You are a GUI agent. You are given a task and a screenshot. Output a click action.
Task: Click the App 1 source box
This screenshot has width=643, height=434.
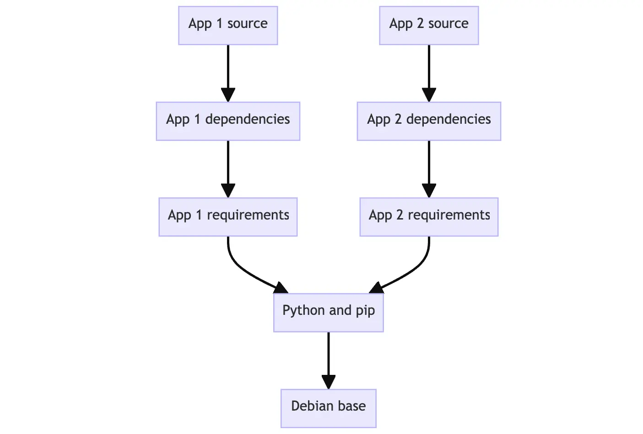tap(228, 26)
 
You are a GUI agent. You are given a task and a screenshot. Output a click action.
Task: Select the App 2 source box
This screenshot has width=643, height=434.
tap(429, 26)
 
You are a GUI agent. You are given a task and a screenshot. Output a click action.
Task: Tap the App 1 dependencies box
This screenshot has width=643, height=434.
tap(228, 121)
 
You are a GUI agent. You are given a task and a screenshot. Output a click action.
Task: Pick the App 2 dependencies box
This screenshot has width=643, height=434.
tap(429, 121)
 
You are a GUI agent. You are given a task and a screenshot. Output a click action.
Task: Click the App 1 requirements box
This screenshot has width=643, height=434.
tap(228, 217)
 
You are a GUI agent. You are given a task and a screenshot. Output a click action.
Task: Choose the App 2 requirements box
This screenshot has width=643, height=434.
tap(429, 217)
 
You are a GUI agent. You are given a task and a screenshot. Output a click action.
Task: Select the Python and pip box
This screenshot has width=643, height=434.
tap(329, 313)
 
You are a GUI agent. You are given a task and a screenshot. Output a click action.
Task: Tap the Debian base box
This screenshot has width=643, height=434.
tap(329, 408)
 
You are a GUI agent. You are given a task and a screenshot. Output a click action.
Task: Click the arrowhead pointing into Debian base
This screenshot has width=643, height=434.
tap(329, 382)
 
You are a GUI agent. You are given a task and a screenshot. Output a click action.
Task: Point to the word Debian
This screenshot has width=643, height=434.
tap(312, 406)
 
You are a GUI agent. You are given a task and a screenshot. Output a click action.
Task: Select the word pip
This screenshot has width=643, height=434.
tap(365, 311)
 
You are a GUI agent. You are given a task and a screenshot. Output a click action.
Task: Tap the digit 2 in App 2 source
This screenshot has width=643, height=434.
tap(420, 24)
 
